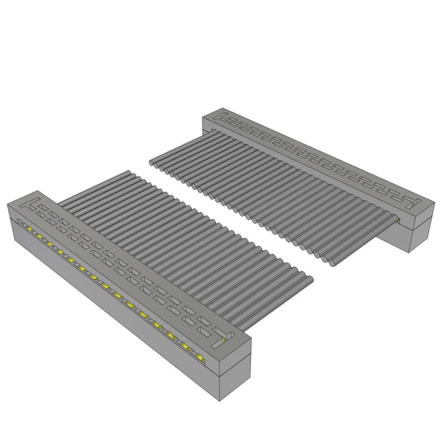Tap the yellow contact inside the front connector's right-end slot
click(224, 341)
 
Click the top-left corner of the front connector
click(7, 204)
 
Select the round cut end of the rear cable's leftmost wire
click(153, 162)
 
